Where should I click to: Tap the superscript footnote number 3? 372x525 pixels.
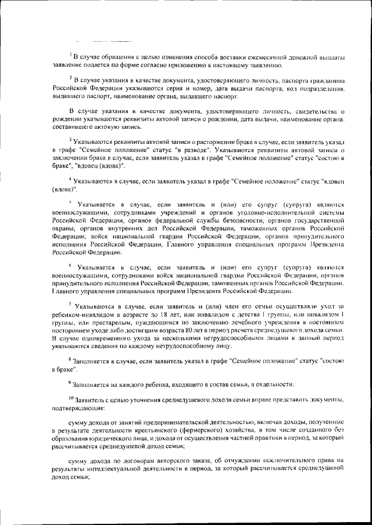[x=70, y=140]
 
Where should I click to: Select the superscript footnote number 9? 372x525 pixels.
[x=70, y=383]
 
